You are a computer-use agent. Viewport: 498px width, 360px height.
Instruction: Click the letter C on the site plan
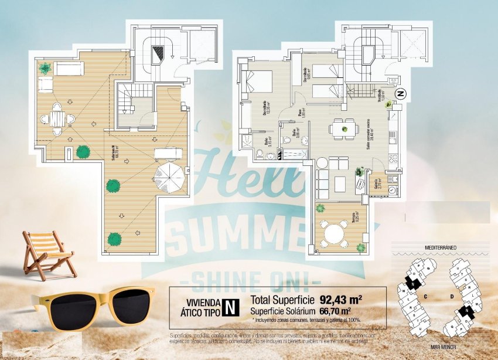[427, 297]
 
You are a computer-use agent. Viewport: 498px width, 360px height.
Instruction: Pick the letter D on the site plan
[452, 297]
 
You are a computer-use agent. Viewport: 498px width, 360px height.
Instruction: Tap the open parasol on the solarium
[172, 176]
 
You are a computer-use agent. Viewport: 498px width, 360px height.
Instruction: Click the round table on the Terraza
[334, 233]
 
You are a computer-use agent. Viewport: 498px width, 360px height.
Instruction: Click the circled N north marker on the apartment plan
[401, 93]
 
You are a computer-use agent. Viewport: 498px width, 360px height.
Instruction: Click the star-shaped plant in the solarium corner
[45, 68]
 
